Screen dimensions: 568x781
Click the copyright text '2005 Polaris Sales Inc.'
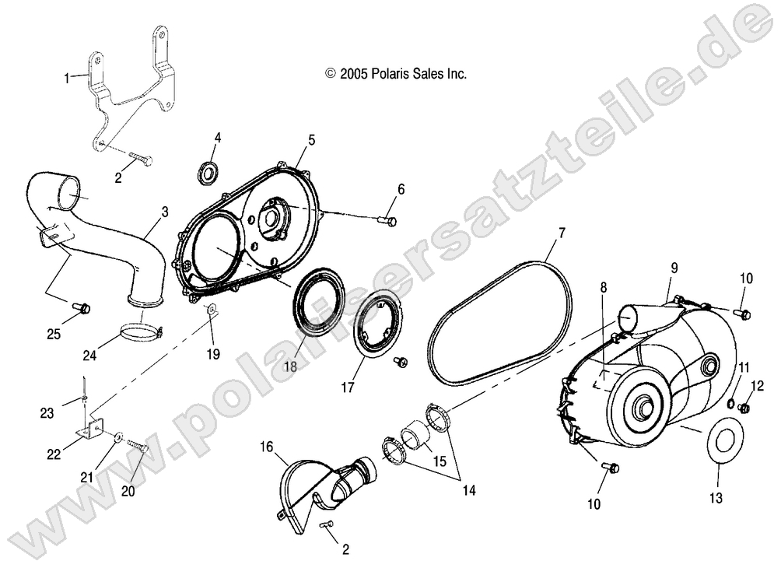tap(395, 74)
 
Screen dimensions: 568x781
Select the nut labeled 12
tap(744, 408)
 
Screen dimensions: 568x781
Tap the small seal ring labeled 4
tap(208, 173)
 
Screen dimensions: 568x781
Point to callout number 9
tap(674, 268)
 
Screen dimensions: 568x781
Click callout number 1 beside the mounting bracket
tap(68, 77)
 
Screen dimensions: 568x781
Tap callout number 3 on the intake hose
tap(164, 212)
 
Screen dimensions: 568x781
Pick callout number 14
tap(470, 490)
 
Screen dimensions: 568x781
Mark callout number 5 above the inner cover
tap(311, 140)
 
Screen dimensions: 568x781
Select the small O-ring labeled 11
tap(730, 403)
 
